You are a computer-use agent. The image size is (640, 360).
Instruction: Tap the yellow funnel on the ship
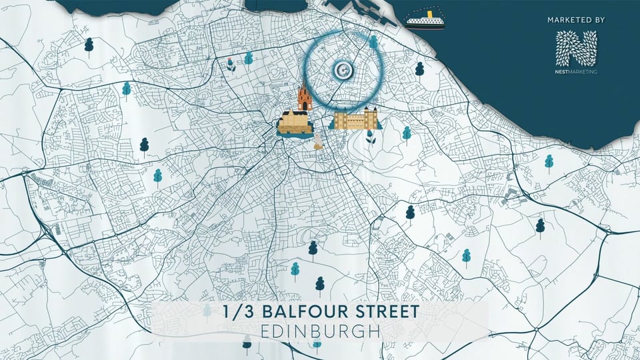(430, 12)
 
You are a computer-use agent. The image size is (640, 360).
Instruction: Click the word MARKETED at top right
(569, 21)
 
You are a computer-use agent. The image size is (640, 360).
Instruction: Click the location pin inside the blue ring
(342, 69)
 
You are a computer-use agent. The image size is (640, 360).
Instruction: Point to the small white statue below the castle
(319, 141)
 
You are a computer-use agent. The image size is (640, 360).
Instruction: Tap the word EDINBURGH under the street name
(319, 331)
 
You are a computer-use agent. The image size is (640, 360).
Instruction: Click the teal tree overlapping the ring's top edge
(373, 43)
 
